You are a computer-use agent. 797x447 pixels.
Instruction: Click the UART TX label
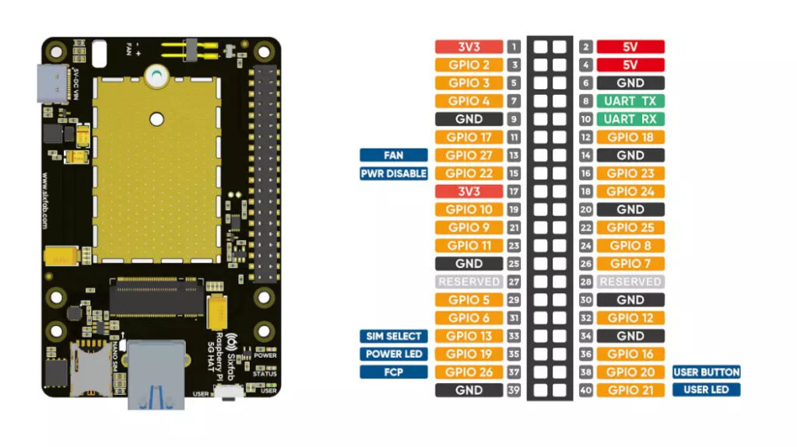tap(630, 101)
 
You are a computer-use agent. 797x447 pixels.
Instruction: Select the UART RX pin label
tap(630, 119)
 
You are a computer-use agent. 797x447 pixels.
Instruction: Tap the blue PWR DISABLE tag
tap(394, 173)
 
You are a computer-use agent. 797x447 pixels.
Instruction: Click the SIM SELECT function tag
tap(394, 336)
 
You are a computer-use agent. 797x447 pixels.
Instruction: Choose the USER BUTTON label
tap(706, 372)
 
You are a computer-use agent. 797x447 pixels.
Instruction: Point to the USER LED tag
tap(706, 390)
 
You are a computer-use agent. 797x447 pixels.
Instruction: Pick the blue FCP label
tap(394, 372)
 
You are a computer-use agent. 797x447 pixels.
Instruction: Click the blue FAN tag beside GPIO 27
tap(394, 155)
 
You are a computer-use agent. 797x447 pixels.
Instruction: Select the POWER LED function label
tap(394, 354)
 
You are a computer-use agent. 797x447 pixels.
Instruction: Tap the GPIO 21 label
tap(630, 390)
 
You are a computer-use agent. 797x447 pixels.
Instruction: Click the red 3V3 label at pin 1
tap(469, 47)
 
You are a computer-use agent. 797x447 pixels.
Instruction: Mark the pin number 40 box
tap(586, 390)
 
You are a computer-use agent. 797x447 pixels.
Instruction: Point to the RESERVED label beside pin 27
tap(469, 281)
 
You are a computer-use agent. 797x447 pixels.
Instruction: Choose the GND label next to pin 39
tap(469, 390)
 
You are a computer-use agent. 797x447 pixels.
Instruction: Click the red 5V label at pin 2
tap(630, 47)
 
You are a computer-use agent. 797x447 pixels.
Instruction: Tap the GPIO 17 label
tap(469, 138)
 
